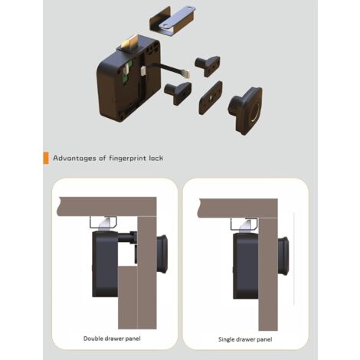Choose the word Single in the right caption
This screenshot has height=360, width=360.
[x=228, y=339]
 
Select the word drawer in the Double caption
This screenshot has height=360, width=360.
[x=119, y=339]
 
